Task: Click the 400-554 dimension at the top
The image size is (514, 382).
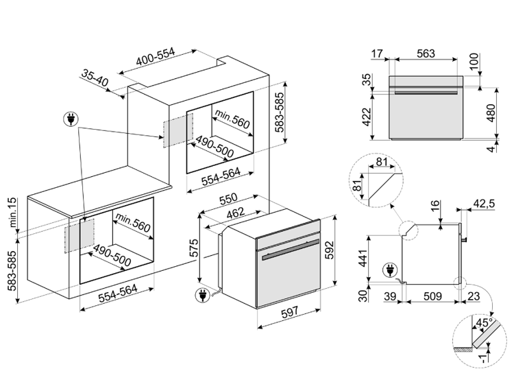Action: [156, 58]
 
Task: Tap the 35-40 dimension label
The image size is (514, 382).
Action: [95, 78]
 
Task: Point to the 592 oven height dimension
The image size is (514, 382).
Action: [329, 250]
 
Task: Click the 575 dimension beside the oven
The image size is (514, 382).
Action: [194, 248]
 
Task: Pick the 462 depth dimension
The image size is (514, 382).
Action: [236, 213]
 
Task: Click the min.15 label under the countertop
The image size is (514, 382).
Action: [12, 213]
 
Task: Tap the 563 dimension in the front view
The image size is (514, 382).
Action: [426, 53]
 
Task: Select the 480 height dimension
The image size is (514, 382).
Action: [491, 113]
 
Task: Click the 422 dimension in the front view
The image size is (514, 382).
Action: [367, 117]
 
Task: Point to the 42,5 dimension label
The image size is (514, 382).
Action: [484, 204]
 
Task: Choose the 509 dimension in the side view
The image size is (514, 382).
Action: [432, 296]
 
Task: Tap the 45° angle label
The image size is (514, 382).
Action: [484, 322]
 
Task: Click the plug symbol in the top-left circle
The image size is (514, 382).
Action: [71, 119]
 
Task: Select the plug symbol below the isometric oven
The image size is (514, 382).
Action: [202, 295]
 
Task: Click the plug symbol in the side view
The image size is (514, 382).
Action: [390, 270]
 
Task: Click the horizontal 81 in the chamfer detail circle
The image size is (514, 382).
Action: [382, 162]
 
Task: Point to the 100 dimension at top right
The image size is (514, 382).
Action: [474, 62]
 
